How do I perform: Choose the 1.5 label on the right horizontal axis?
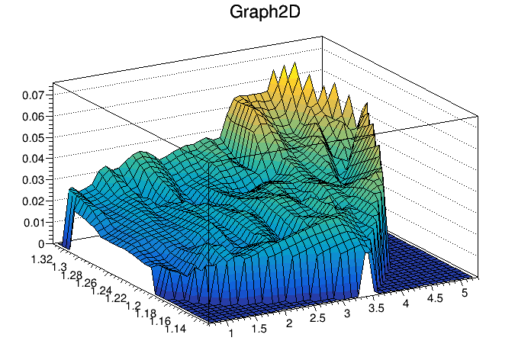(259, 329)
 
